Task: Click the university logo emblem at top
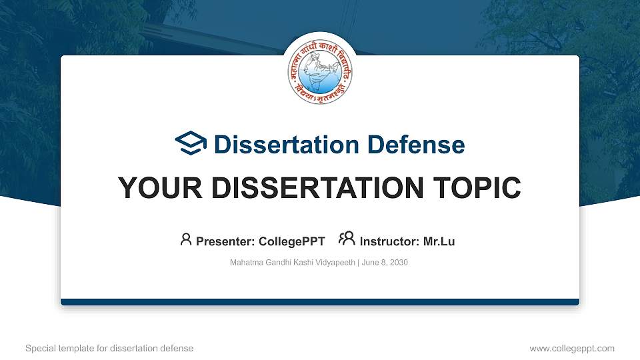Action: click(319, 71)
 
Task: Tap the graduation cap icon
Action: click(191, 143)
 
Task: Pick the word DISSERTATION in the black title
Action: click(310, 188)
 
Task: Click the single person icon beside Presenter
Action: click(186, 239)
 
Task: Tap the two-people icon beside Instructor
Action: click(347, 239)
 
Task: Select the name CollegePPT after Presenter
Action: click(291, 241)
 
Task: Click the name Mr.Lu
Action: click(439, 241)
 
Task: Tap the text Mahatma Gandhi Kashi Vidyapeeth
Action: click(293, 263)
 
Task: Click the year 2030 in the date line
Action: click(398, 263)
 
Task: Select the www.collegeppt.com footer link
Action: click(571, 348)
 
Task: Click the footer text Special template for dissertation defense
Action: click(109, 348)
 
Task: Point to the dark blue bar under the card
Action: click(319, 302)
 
